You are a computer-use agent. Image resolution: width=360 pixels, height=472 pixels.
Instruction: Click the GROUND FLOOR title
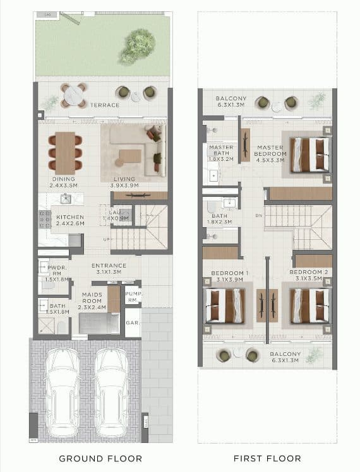coord(100,458)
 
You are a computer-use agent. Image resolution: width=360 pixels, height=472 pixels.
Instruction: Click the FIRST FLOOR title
coord(267,458)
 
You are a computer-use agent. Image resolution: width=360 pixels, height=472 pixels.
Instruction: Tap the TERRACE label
coord(104,105)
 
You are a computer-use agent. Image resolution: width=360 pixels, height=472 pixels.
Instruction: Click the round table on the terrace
coord(74,95)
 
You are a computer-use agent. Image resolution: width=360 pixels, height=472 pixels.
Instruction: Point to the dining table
coord(65,153)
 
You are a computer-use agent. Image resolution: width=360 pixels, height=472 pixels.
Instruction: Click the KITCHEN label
coord(69,217)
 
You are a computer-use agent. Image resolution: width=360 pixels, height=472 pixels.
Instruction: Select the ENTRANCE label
coord(109,265)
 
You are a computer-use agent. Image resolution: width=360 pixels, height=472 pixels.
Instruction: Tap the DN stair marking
coord(259,216)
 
